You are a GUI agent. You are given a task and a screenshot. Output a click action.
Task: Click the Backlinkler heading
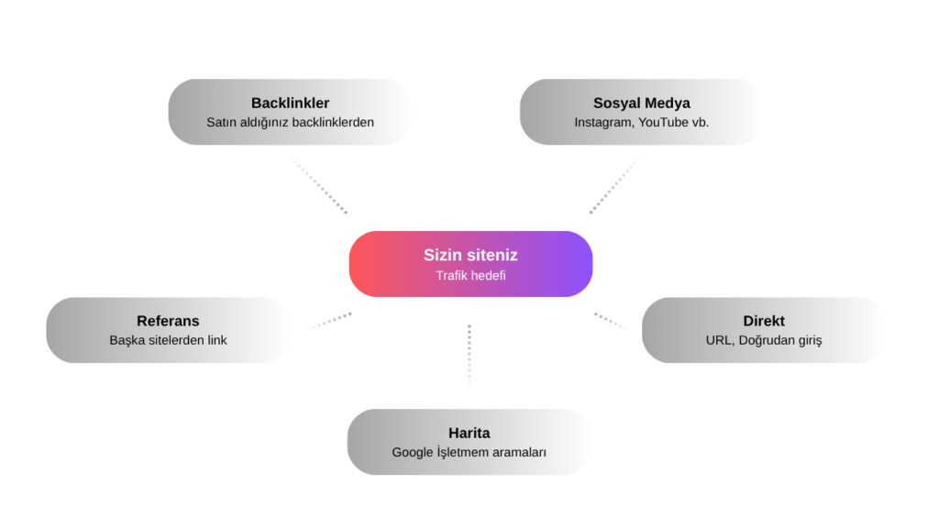(x=290, y=103)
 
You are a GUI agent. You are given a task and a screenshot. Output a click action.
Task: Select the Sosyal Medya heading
(x=641, y=103)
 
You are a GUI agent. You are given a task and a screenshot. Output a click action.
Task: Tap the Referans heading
(x=168, y=321)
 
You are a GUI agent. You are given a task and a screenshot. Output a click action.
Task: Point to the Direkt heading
(x=764, y=321)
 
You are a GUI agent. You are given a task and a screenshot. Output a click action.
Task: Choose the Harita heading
(x=469, y=433)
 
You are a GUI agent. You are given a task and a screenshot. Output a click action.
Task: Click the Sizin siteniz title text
(x=470, y=255)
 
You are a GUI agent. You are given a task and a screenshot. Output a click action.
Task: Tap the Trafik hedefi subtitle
(x=470, y=275)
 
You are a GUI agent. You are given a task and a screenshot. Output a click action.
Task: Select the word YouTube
(x=663, y=122)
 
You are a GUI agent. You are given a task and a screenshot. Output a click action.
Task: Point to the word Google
(x=413, y=453)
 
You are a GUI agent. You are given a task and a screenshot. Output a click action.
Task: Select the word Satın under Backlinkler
(x=222, y=122)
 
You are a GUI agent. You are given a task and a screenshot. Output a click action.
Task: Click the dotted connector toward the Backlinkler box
(x=319, y=185)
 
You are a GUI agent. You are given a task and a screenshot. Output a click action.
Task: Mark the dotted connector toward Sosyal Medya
(x=613, y=185)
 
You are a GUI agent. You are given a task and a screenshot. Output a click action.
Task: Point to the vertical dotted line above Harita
(x=469, y=356)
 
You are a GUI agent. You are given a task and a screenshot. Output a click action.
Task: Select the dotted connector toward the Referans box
(x=329, y=321)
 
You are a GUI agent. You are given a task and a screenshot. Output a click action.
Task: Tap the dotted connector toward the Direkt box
(x=610, y=320)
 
